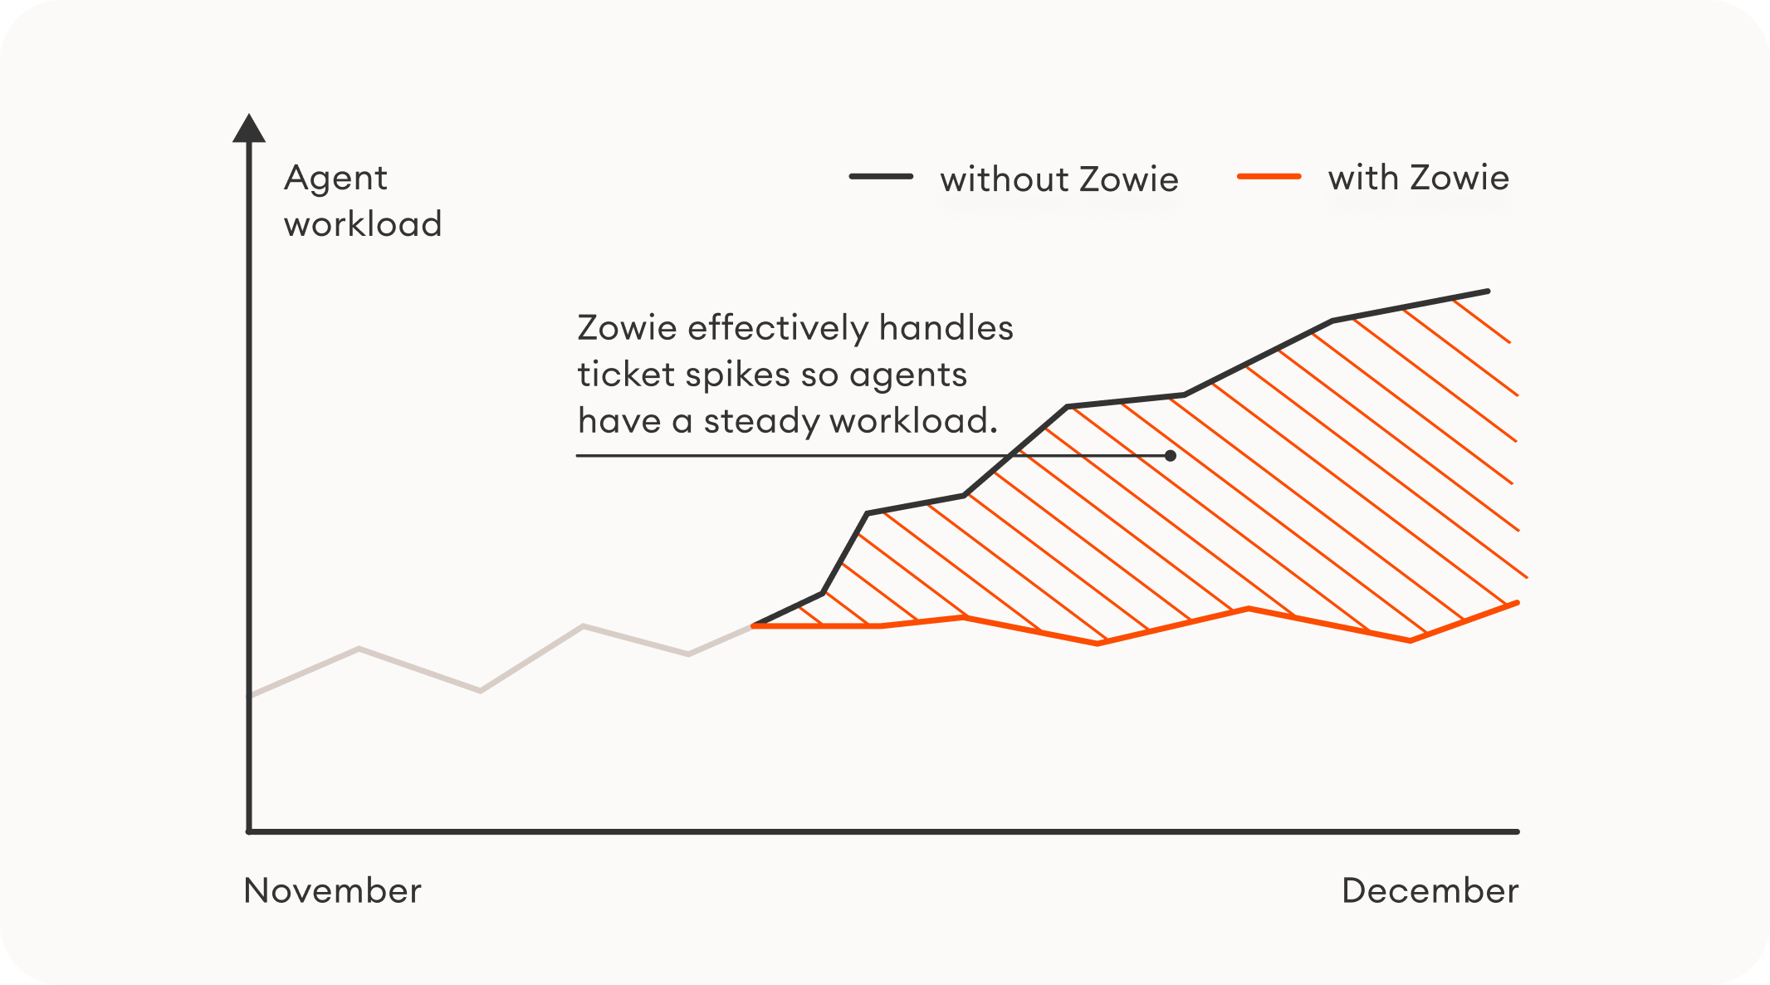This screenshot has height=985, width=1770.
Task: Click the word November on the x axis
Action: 332,890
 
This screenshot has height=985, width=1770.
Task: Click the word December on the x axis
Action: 1430,890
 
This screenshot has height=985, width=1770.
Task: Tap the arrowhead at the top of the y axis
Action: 249,128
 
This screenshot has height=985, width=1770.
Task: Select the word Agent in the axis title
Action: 335,179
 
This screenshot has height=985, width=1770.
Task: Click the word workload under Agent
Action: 363,224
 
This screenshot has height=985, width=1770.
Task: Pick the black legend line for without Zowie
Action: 881,176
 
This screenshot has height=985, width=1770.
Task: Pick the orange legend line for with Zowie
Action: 1269,176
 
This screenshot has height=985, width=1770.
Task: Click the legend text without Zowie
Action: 1059,179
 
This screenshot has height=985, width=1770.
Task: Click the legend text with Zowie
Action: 1418,178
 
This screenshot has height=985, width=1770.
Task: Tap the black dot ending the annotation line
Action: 1170,455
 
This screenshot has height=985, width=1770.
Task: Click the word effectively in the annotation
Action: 779,328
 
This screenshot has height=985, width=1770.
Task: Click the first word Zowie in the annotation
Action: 627,328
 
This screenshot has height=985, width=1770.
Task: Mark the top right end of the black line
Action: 1488,292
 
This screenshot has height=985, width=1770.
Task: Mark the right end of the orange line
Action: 1517,603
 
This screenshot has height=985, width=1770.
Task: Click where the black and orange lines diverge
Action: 754,625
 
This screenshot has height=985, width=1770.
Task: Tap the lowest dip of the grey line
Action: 481,690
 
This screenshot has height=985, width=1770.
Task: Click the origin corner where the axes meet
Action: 249,831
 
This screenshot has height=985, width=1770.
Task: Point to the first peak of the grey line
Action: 359,648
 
